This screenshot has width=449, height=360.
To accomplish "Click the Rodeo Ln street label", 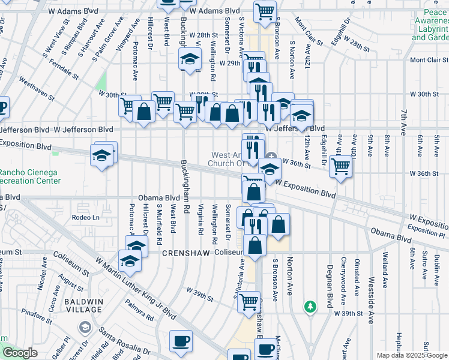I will click(84, 217).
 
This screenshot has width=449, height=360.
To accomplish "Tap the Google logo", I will click(20, 353).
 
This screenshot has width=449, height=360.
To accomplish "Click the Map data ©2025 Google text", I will click(411, 355).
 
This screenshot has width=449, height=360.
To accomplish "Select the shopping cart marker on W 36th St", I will click(340, 166).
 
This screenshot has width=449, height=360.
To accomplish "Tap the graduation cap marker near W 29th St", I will click(190, 59).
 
